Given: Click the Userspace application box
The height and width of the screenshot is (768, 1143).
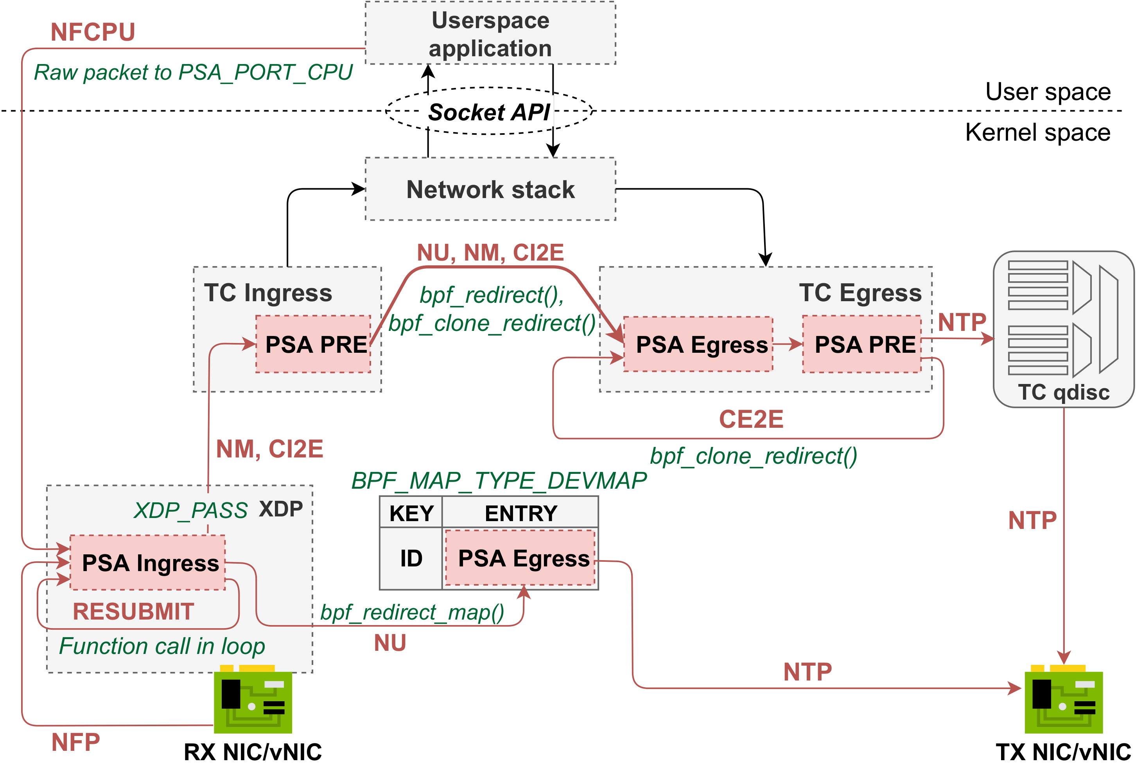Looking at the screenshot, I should click(x=490, y=33).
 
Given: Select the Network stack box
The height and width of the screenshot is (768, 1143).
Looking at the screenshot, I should click(x=490, y=189).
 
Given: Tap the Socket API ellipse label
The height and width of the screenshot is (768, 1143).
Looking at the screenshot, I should click(x=489, y=112).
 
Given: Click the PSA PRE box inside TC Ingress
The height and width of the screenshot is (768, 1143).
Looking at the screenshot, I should click(x=314, y=344).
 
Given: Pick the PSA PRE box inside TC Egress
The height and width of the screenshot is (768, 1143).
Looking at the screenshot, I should click(x=862, y=344).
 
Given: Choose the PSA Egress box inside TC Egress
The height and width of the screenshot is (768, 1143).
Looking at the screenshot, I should click(x=698, y=344).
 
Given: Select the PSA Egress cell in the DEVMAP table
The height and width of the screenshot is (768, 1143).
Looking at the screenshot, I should click(x=520, y=558).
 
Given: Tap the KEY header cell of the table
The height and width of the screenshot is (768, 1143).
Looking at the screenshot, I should click(x=411, y=513).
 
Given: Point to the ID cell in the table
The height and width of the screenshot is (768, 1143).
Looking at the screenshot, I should click(x=411, y=558).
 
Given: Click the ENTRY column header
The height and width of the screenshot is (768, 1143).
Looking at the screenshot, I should click(x=520, y=513).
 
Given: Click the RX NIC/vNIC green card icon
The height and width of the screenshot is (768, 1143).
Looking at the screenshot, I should click(x=253, y=700).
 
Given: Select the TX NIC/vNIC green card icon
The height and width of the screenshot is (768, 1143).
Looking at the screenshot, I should click(x=1064, y=700).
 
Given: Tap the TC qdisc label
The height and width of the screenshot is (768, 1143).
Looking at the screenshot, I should click(x=1064, y=392).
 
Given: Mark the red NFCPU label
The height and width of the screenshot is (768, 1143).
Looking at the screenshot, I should click(x=93, y=32).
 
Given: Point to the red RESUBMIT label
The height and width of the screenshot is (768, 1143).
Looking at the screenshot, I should click(x=133, y=611).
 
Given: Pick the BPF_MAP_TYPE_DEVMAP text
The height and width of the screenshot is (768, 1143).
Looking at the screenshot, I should click(x=499, y=480).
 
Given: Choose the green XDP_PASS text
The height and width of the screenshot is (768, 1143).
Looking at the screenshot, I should click(x=191, y=510).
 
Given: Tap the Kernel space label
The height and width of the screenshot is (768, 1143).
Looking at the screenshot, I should click(x=1038, y=132).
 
